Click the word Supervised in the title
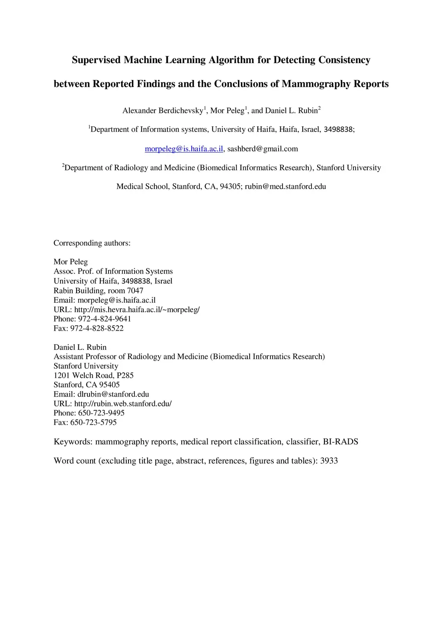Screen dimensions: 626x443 pyautogui.click(x=96, y=60)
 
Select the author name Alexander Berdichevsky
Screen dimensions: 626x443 pyautogui.click(x=163, y=111)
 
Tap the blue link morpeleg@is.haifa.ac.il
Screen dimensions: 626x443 pyautogui.click(x=184, y=149)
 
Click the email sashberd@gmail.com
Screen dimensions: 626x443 pyautogui.click(x=263, y=149)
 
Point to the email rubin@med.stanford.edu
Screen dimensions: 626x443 pyautogui.click(x=285, y=187)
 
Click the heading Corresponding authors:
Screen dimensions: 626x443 pyautogui.click(x=92, y=243)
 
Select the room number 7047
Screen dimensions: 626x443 pyautogui.click(x=135, y=291)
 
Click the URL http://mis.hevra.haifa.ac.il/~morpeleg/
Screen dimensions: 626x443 pyautogui.click(x=137, y=310)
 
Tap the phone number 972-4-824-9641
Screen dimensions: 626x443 pyautogui.click(x=104, y=319)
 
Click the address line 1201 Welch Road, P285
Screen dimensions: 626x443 pyautogui.click(x=93, y=375)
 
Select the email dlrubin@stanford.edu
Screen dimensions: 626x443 pyautogui.click(x=113, y=394)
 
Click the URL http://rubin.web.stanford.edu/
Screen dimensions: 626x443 pyautogui.click(x=123, y=404)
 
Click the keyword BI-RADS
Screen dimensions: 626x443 pyautogui.click(x=340, y=442)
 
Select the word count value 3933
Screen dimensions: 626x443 pyautogui.click(x=329, y=461)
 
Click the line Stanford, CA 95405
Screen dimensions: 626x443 pyautogui.click(x=87, y=385)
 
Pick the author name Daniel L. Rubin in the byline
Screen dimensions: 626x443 pyautogui.click(x=291, y=111)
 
